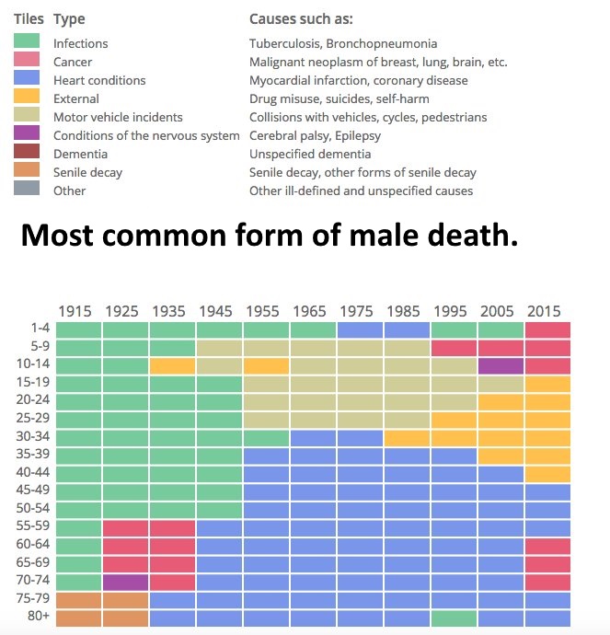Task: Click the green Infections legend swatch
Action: pos(27,41)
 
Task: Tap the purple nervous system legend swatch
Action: pos(27,134)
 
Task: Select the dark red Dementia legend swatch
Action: pos(27,153)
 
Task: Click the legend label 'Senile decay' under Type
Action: pos(87,172)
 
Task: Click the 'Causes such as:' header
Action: pos(301,19)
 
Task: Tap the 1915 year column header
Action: pos(75,311)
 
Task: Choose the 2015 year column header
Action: pos(545,311)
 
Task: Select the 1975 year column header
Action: pos(357,311)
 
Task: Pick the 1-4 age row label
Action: pos(38,329)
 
